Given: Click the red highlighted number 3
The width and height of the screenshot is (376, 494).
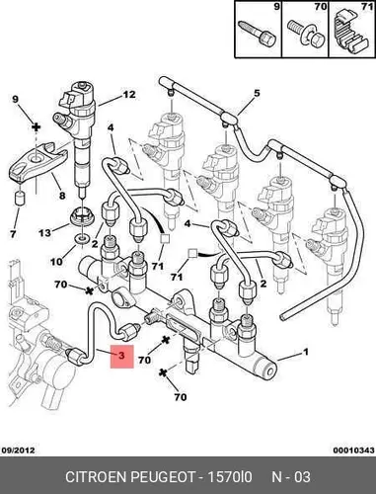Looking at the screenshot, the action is [x=121, y=356].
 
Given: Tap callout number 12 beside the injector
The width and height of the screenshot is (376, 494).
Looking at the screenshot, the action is [x=129, y=95].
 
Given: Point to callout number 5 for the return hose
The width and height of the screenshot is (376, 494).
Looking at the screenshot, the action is [x=257, y=93].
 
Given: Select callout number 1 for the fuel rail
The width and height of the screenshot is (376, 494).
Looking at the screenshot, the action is [x=306, y=353].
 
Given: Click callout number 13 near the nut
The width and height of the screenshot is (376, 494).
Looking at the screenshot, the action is [x=44, y=233].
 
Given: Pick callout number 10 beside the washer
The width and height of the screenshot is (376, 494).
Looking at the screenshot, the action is [x=56, y=262].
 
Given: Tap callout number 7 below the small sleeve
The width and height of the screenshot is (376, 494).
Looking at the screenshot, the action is [x=13, y=234].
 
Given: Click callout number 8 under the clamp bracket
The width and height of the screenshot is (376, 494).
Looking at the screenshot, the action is [x=62, y=196].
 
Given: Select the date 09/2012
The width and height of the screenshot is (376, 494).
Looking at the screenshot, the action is [x=18, y=451].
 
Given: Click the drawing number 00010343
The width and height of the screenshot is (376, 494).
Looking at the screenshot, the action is [x=353, y=451].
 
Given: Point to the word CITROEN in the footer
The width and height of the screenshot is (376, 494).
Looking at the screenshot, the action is [x=96, y=477].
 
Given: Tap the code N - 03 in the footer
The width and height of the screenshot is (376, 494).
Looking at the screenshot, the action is [x=291, y=477].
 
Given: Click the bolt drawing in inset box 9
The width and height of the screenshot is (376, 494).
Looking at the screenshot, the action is [x=258, y=34].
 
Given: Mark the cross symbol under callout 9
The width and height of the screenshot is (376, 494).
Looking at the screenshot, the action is [x=36, y=127].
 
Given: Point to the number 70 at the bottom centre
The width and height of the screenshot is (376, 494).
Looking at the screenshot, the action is [x=181, y=397].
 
